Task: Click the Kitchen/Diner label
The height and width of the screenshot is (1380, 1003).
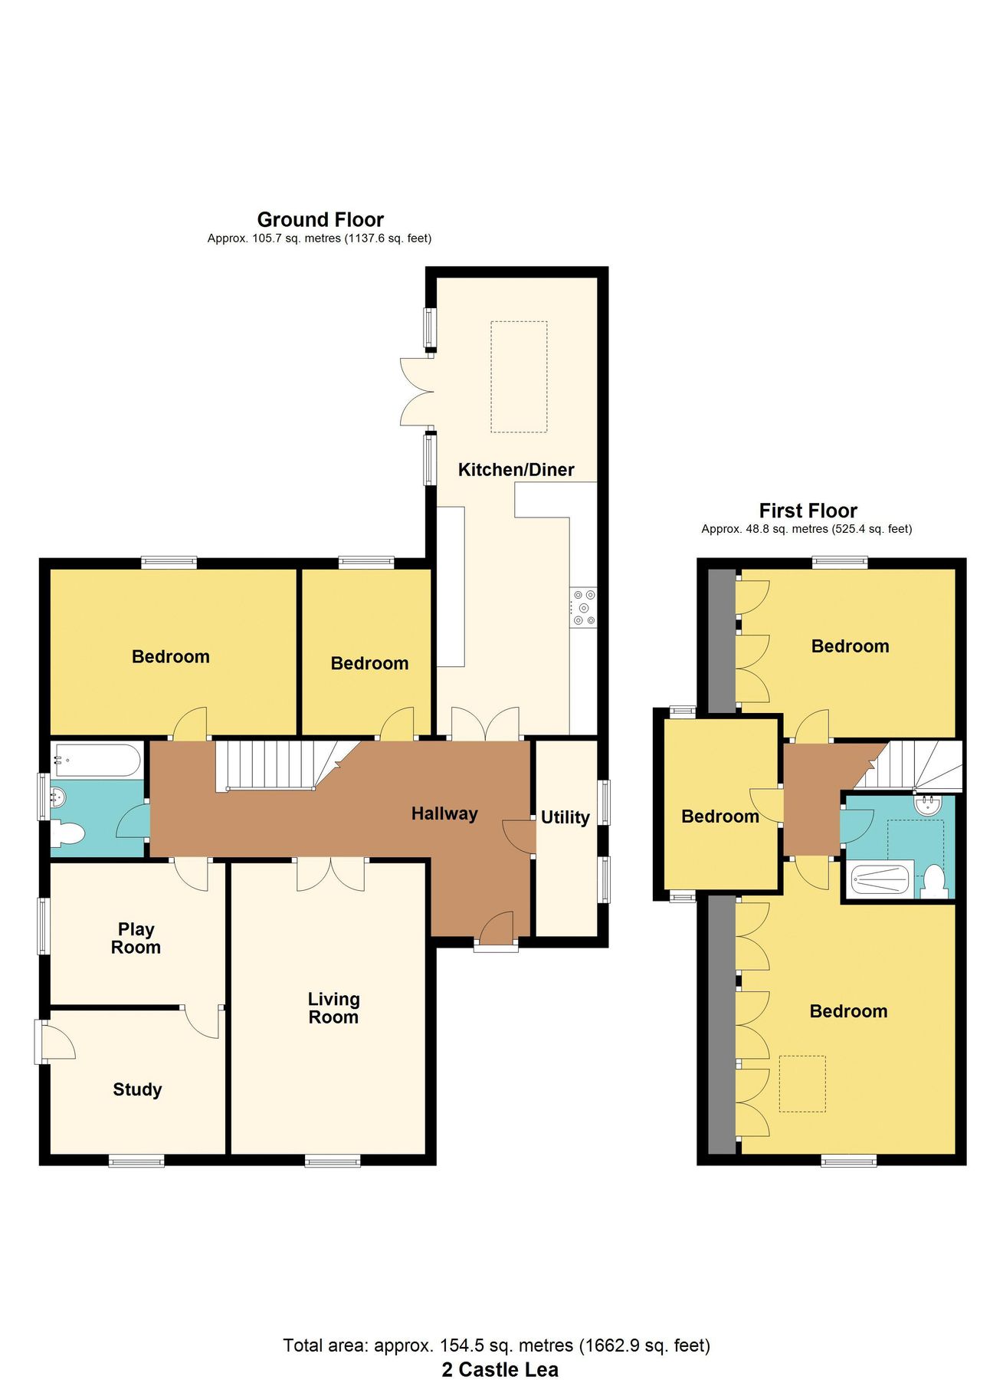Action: click(x=516, y=470)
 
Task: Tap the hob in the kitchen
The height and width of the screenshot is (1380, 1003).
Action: click(x=583, y=607)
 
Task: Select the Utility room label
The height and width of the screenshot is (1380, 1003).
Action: click(x=565, y=817)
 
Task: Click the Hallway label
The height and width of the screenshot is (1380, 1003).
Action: click(x=444, y=813)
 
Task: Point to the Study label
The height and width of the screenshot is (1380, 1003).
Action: click(x=137, y=1089)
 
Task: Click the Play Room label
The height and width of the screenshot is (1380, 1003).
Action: click(x=136, y=938)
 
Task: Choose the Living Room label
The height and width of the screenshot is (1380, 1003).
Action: click(x=333, y=1008)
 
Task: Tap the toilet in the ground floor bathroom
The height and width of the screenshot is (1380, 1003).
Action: click(x=67, y=833)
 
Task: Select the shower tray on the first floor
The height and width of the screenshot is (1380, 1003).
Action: click(x=880, y=879)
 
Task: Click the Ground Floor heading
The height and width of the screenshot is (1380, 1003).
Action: click(x=320, y=220)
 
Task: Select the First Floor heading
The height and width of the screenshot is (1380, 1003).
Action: click(x=808, y=511)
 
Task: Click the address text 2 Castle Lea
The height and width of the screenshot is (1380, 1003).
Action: click(x=500, y=1369)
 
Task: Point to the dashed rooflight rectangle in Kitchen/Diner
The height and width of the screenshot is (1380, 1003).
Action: click(x=519, y=376)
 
